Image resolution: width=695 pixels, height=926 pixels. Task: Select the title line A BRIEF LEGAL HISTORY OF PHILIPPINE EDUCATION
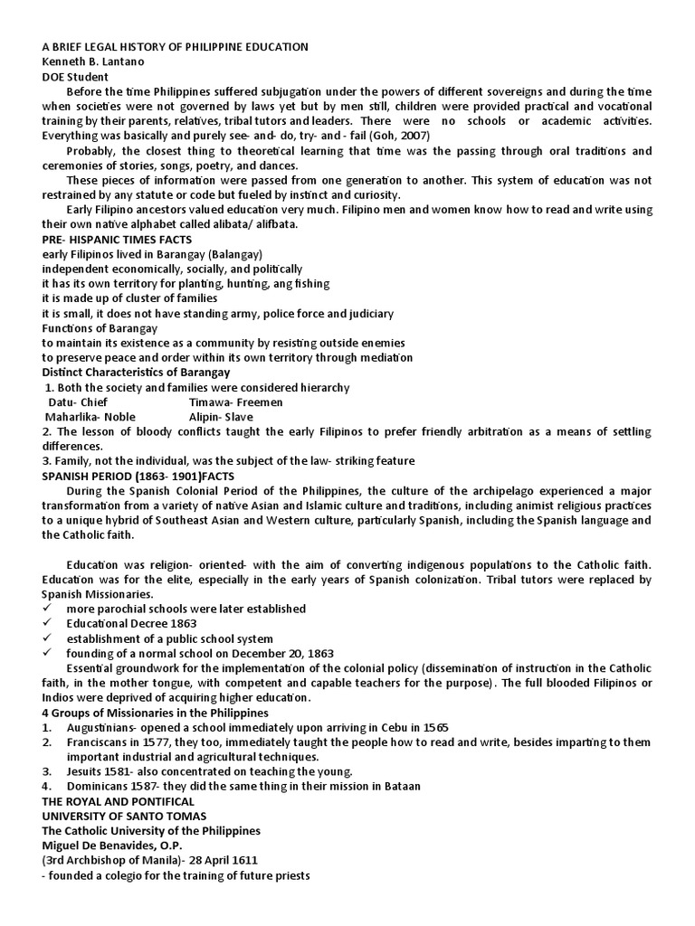[176, 46]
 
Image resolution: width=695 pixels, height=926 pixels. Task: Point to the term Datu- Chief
[78, 402]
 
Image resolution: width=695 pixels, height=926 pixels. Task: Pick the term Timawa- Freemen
[236, 402]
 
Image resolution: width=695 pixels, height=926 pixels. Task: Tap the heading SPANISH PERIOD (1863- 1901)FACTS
[138, 476]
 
